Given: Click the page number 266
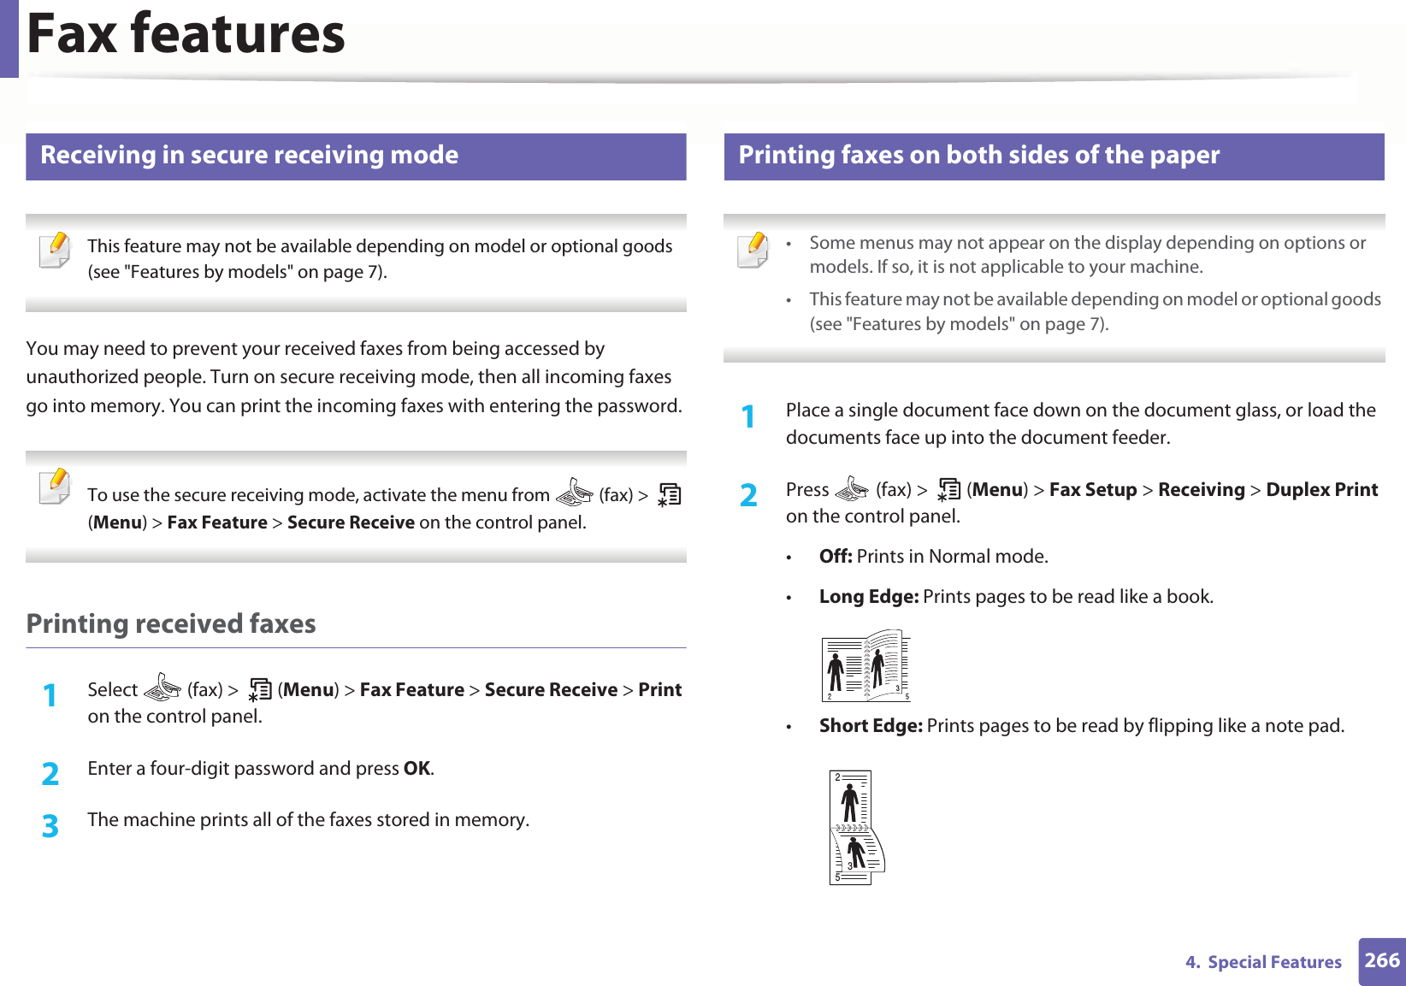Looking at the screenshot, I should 1381,960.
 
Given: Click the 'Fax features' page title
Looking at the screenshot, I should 186,34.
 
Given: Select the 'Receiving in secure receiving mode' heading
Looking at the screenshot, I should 249,155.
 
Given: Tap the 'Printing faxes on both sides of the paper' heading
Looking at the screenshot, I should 978,155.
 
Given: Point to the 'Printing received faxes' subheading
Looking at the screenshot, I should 171,623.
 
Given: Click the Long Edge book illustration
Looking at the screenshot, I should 865,666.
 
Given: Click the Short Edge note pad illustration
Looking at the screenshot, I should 856,827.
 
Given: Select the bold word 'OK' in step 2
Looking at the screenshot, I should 416,768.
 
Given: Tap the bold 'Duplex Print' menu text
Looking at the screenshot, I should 1321,489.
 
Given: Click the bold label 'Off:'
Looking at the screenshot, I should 835,556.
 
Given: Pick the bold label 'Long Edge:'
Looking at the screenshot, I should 868,596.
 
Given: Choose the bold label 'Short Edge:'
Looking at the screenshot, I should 870,725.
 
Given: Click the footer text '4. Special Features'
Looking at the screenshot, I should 1262,962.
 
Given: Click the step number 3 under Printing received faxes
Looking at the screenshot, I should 50,826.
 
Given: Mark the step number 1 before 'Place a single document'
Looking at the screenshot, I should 748,416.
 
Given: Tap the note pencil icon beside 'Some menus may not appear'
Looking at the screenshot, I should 753,250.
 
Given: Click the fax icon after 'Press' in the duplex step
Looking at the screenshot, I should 852,489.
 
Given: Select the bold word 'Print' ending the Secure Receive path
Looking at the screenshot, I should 659,689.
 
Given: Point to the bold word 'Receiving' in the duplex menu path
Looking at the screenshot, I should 1201,489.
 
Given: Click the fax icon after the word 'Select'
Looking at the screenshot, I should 162,688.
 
